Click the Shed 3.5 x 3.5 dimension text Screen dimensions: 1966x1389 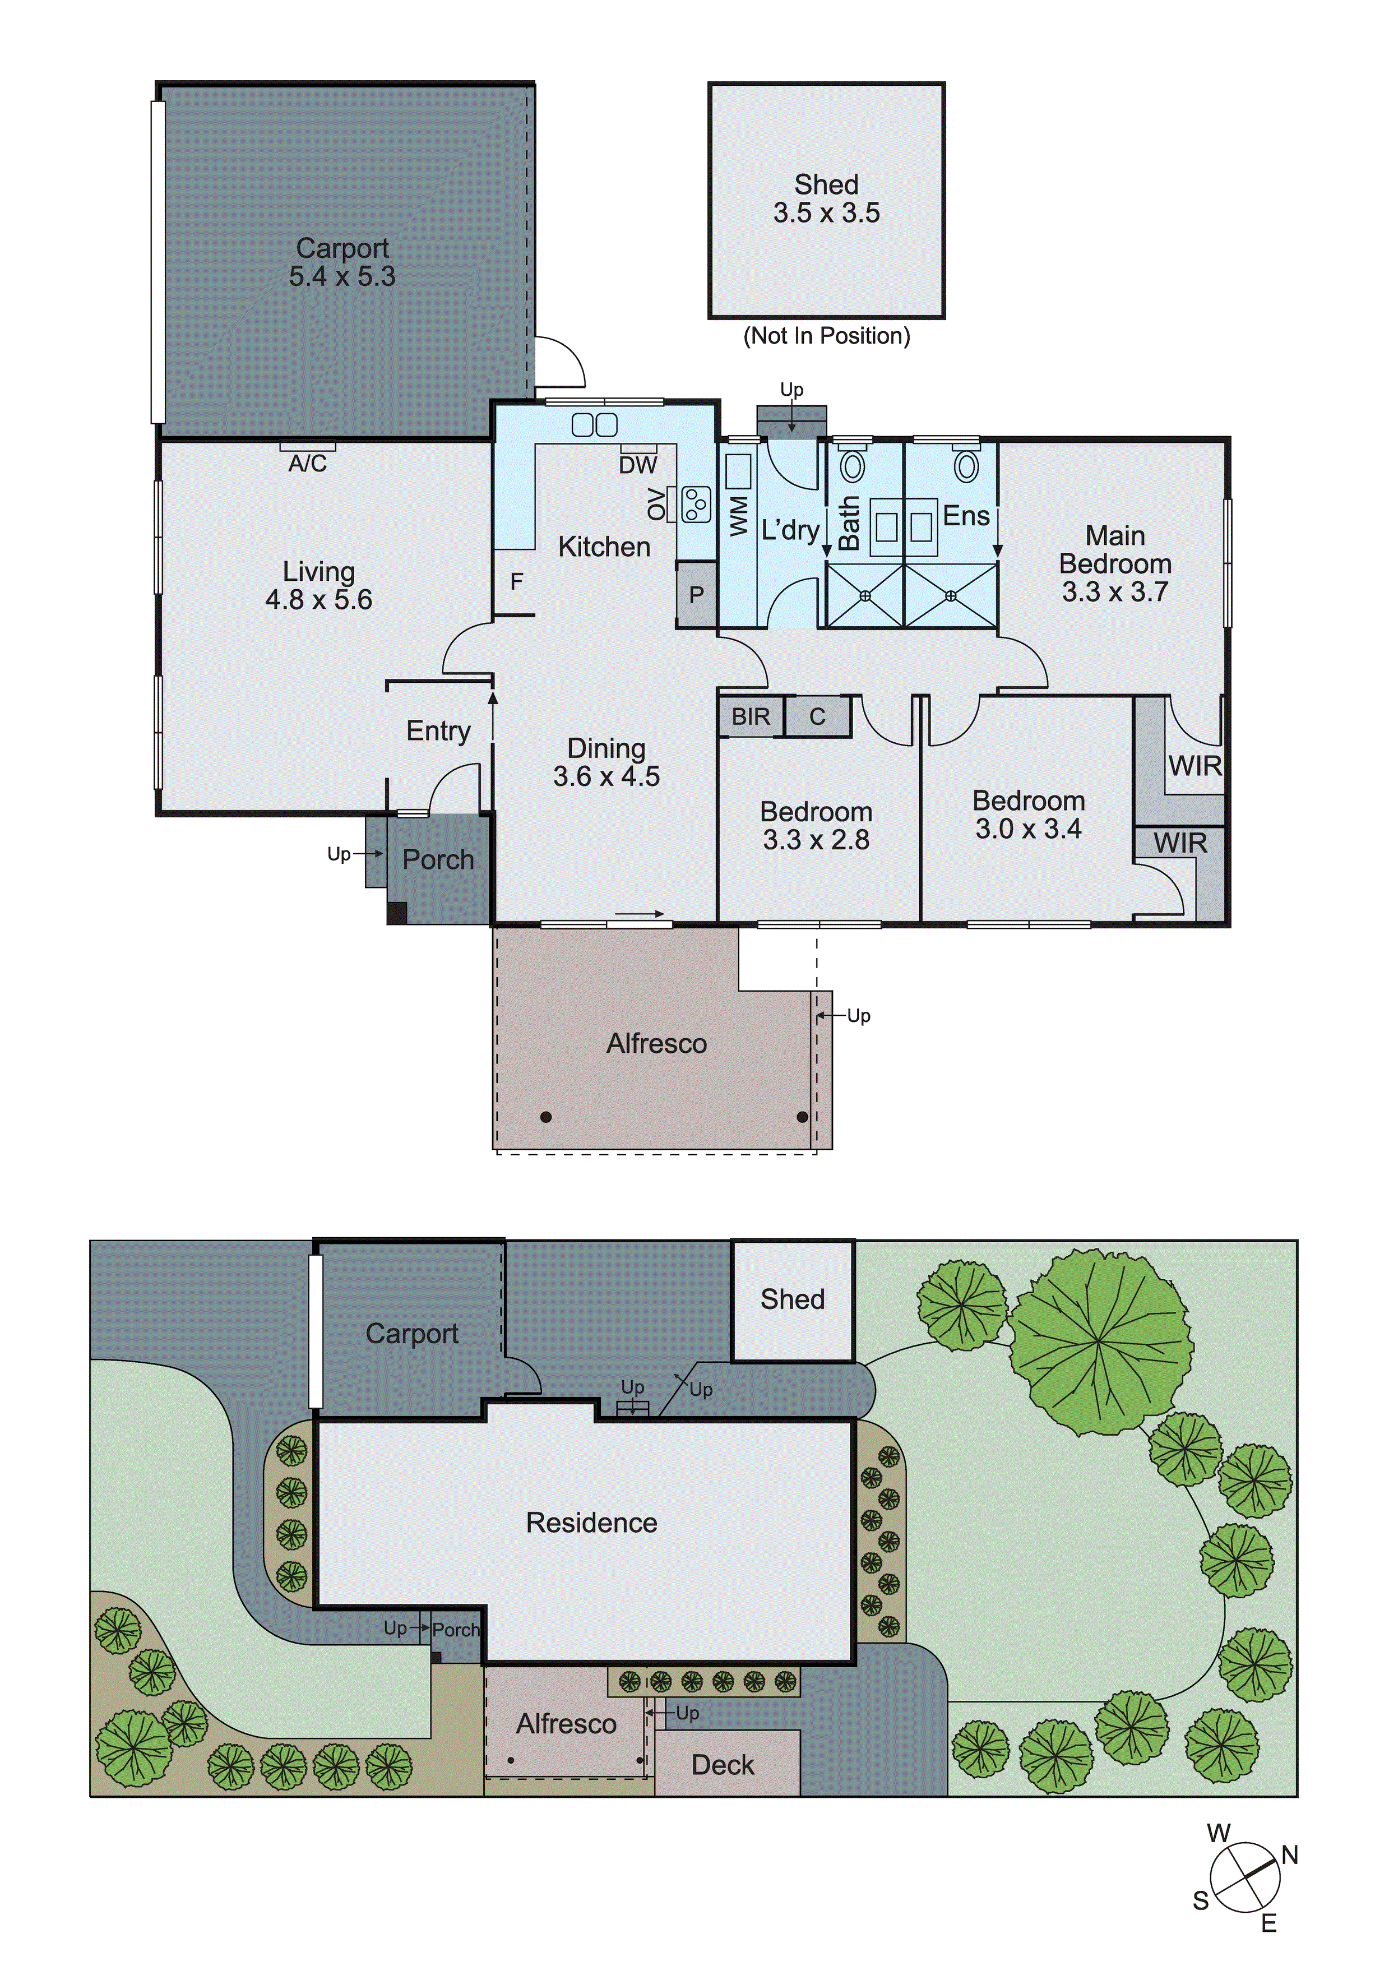826,213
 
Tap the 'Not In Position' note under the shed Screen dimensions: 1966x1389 826,336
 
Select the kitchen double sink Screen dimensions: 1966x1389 594,424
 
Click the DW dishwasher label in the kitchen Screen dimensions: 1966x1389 638,465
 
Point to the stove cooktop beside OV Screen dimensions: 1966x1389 696,505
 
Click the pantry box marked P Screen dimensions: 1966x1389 696,594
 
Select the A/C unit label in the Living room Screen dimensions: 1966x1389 307,463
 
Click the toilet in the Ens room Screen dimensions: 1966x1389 966,466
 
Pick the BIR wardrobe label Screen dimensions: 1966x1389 750,716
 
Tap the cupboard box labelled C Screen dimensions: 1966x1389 817,716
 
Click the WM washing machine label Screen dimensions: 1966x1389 738,516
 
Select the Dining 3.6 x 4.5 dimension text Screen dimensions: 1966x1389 606,776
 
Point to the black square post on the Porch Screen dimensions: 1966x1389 396,914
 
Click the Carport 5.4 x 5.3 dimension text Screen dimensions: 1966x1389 342,276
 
